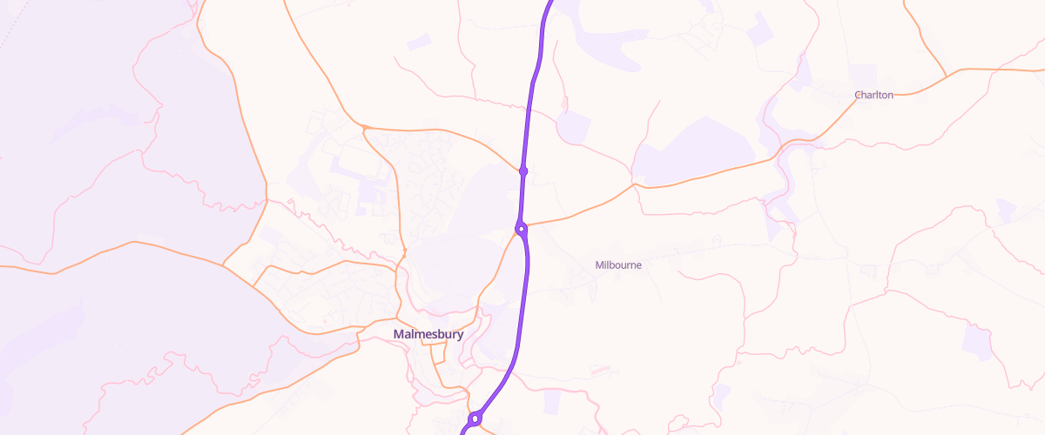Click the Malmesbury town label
(x=428, y=334)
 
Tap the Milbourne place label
(x=618, y=264)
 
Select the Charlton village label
(x=873, y=95)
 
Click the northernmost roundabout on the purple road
(x=523, y=171)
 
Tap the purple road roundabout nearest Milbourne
(x=521, y=230)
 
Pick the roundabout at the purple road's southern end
(x=475, y=418)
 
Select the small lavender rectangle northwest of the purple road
(x=419, y=42)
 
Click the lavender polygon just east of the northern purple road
(x=574, y=128)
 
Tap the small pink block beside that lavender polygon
(x=563, y=105)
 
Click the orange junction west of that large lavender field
(x=634, y=184)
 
